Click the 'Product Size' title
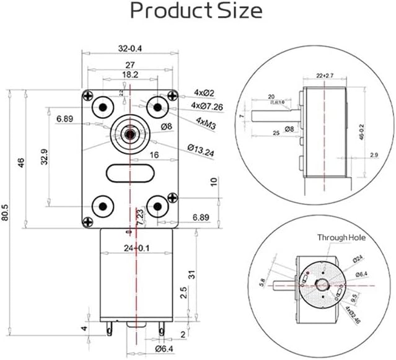coord(197,11)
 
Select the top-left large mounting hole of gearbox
coord(100,107)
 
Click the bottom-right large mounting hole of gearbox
coord(158,204)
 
